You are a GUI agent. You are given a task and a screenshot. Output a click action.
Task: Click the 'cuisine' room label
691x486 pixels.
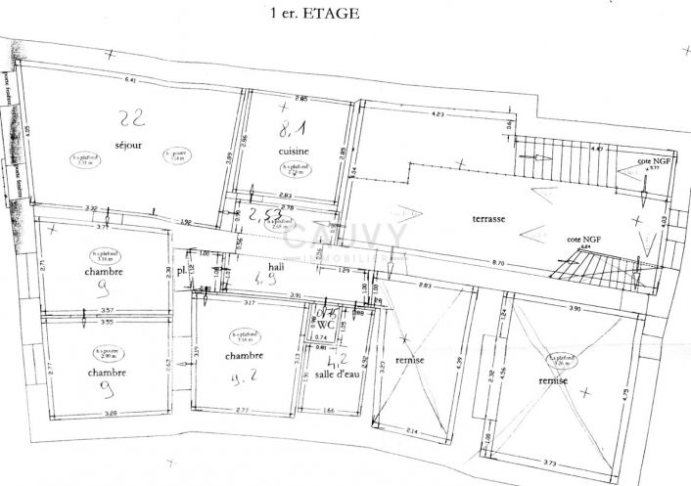(294, 152)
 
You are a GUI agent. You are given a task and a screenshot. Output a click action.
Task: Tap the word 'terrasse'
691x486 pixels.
(487, 219)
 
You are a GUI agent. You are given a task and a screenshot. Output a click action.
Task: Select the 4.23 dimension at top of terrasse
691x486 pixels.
(438, 115)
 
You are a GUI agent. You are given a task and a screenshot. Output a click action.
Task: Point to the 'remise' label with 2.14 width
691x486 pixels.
(410, 361)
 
